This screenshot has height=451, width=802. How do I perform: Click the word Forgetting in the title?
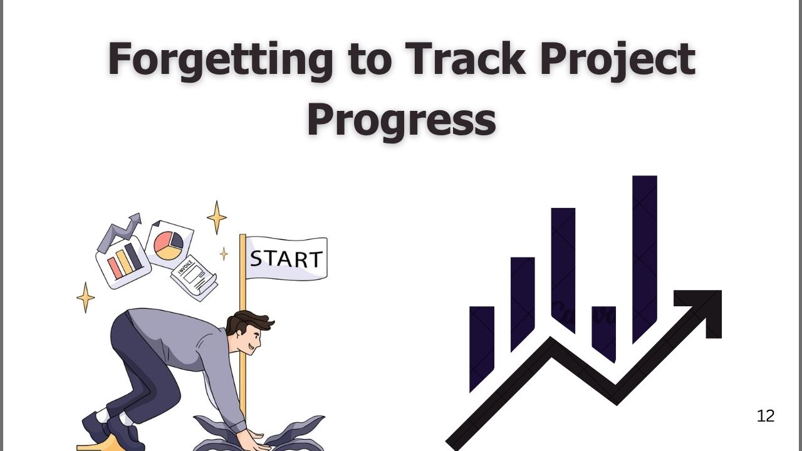click(x=220, y=59)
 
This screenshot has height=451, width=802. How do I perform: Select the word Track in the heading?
click(x=465, y=58)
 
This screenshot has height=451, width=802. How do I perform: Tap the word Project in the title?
click(x=618, y=59)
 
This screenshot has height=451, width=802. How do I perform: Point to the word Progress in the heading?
click(x=402, y=119)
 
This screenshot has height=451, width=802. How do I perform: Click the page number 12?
click(x=766, y=416)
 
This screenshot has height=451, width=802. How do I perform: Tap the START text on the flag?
click(x=286, y=259)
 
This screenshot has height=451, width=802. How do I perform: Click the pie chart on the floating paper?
click(x=169, y=246)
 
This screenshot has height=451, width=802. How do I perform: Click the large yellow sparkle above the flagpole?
click(x=217, y=217)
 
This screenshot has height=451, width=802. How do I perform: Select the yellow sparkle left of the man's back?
click(x=86, y=298)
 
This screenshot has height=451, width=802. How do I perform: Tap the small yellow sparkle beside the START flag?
click(x=224, y=254)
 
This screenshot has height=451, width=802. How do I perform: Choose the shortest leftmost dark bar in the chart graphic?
click(x=482, y=349)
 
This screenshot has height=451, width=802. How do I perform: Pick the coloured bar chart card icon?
click(x=123, y=262)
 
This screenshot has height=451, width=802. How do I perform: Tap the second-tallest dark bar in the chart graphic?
click(x=563, y=270)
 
